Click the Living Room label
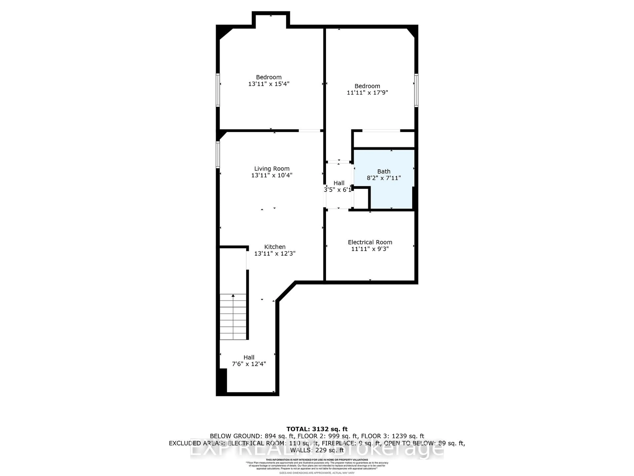272,169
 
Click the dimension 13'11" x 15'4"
269,84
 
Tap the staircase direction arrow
233,296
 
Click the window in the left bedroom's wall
218,90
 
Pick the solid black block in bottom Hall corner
223,380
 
